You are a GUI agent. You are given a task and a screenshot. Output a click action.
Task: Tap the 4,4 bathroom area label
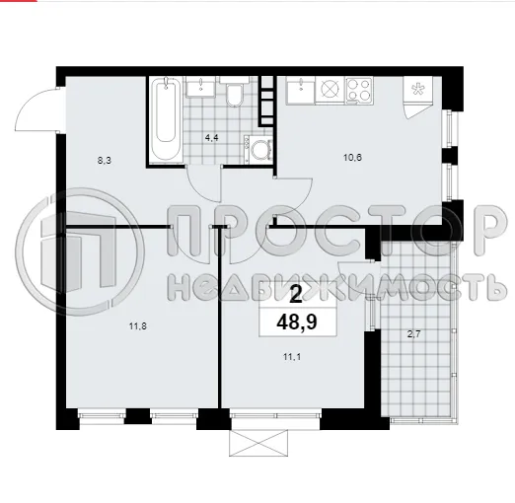point(210,138)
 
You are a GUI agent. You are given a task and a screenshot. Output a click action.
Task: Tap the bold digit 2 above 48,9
point(297,293)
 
